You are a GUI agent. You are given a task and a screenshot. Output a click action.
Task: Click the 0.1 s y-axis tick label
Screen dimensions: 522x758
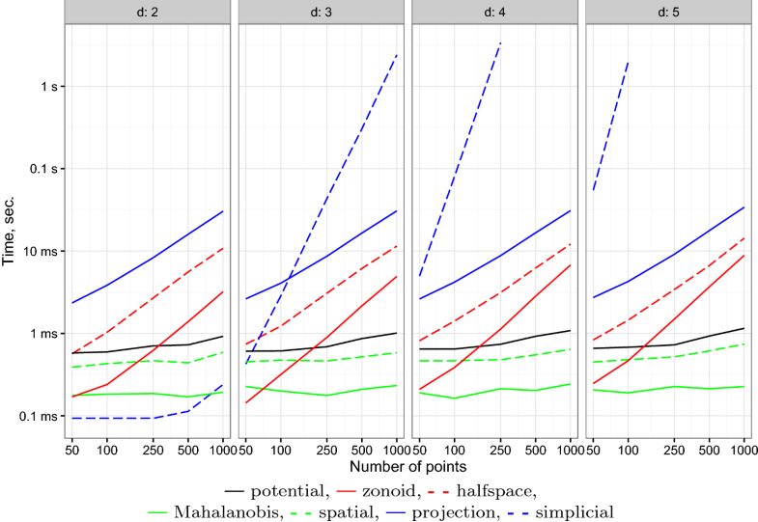pyautogui.click(x=42, y=169)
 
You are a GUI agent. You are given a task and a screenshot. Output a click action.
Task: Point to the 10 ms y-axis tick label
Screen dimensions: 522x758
pyautogui.click(x=40, y=251)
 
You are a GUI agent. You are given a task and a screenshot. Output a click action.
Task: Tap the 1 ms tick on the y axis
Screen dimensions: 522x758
pyautogui.click(x=43, y=334)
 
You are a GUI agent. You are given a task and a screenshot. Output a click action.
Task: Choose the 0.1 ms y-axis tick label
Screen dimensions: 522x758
pyautogui.click(x=39, y=417)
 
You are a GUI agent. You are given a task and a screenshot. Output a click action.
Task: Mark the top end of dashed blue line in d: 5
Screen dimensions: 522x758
pyautogui.click(x=629, y=62)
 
